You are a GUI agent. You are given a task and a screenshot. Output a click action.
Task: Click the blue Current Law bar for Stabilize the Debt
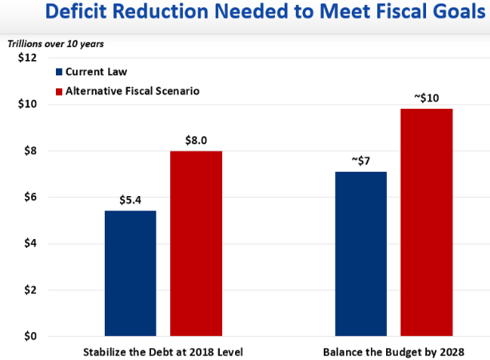coord(130,273)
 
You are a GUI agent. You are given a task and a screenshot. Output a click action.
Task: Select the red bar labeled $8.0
coord(196,243)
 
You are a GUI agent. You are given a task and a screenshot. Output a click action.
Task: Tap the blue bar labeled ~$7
coord(361,254)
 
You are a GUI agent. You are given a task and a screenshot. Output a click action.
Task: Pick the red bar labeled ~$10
coord(426,222)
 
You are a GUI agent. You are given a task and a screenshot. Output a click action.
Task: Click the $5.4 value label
coord(130,200)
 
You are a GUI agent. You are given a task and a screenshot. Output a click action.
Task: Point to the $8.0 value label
coord(196,140)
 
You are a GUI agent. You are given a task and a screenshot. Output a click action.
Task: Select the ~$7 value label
coord(361,161)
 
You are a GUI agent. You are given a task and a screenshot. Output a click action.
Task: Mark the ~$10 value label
coord(426,98)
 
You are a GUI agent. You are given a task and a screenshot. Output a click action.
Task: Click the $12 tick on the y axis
coord(26,58)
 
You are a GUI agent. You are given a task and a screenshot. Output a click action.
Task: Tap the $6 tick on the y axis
coord(29,198)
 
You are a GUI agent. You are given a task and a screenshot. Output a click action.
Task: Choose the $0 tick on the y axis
coord(29,336)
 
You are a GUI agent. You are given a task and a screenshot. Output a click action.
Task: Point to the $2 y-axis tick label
coord(29,290)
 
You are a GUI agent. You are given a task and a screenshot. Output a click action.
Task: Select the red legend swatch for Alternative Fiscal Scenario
coord(58,91)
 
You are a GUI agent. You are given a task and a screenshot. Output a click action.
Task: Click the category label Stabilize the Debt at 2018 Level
coord(163,351)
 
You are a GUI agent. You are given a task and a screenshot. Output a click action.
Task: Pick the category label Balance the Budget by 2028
coord(393,351)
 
